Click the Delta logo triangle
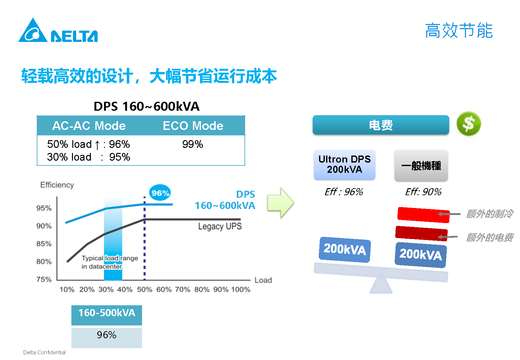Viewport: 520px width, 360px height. click(x=33, y=31)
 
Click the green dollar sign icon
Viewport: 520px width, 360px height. click(x=468, y=124)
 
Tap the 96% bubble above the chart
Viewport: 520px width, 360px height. click(x=160, y=193)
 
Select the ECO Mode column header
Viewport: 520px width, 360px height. click(x=193, y=126)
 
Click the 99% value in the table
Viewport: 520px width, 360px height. click(x=193, y=144)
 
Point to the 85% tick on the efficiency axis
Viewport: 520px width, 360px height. click(x=44, y=244)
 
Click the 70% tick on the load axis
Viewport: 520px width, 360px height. click(x=182, y=290)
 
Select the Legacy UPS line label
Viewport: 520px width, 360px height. click(x=220, y=227)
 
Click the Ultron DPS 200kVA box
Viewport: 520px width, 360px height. click(x=344, y=164)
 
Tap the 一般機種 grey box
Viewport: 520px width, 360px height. click(x=421, y=165)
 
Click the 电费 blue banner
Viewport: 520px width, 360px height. click(x=381, y=125)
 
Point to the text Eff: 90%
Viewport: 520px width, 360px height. click(x=423, y=192)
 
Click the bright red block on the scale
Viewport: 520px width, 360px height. click(x=423, y=215)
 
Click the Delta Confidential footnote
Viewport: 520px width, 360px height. click(x=44, y=352)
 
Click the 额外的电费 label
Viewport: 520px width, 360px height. click(x=490, y=237)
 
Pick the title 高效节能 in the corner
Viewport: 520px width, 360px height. click(x=459, y=31)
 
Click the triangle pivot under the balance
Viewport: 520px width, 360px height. click(x=381, y=284)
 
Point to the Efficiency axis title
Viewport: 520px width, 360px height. click(x=57, y=185)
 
